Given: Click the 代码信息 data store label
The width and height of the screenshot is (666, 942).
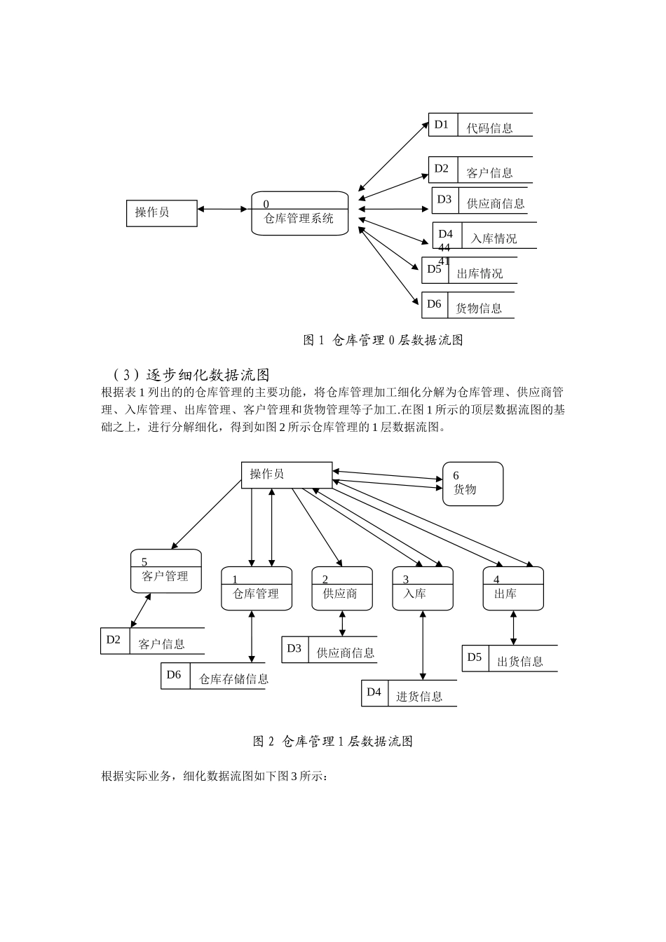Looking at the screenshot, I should pos(489,128).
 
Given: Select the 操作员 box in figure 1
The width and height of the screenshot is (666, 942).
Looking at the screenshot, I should pos(161,212).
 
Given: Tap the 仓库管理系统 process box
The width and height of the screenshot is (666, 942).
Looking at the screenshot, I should pos(299,214).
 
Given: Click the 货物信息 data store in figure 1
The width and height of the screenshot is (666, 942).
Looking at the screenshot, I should pos(479,308).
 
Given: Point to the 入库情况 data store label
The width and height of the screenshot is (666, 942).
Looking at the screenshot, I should pos(494,238).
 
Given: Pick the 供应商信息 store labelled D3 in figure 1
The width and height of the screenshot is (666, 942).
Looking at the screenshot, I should pos(495,203).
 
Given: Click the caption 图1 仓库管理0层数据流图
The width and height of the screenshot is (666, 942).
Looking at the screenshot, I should pos(383,341).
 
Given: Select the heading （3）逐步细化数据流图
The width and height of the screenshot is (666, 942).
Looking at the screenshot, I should pos(191,375).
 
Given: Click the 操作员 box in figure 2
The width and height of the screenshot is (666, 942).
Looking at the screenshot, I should pos(286,475).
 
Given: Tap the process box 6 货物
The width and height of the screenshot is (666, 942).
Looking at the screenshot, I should pos(473,484).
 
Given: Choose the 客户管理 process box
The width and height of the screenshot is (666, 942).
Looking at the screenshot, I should pos(165,572).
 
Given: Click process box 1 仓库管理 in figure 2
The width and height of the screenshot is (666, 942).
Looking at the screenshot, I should pos(256,589).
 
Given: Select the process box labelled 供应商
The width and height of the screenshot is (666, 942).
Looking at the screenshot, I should pos(341,589).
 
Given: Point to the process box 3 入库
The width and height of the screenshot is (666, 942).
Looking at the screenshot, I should pos(422,589).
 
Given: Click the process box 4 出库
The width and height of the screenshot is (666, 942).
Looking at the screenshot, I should pos(512,589).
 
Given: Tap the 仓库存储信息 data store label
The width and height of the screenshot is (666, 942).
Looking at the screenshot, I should pos(233,678).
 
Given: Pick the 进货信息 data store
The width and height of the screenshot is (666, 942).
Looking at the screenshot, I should pos(419,696).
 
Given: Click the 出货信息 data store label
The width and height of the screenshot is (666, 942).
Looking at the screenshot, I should pos(519,661).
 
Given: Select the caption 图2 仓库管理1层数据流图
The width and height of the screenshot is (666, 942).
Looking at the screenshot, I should pos(332,742).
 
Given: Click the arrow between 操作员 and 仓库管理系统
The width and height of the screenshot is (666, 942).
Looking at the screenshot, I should pos(224,209).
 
